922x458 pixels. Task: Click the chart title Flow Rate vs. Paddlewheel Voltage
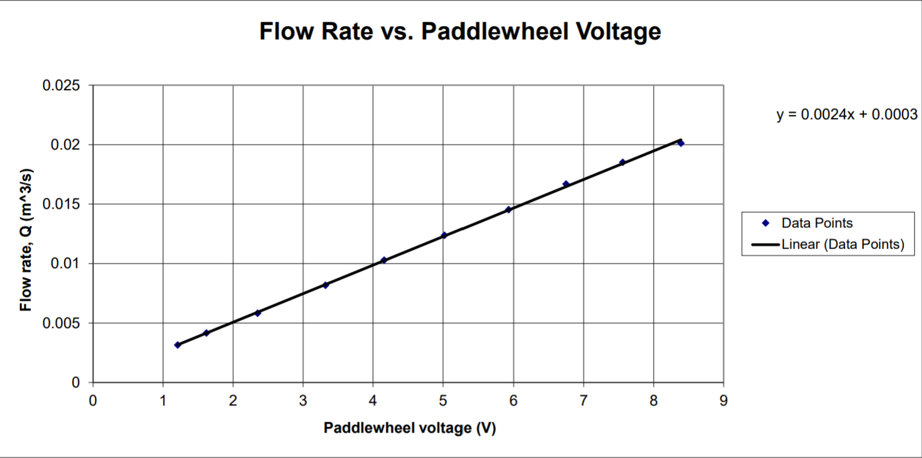(x=460, y=31)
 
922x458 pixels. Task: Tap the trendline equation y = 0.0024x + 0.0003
(x=846, y=114)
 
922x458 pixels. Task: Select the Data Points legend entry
(x=816, y=223)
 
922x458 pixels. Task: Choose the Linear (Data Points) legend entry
(x=842, y=244)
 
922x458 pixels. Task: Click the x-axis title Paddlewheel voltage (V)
(x=409, y=428)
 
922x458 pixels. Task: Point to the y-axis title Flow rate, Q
(x=25, y=240)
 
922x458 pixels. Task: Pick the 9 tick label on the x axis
(x=723, y=400)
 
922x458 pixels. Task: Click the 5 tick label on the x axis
(x=443, y=400)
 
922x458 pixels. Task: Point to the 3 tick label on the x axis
(x=303, y=400)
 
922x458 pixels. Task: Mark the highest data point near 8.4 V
(x=681, y=143)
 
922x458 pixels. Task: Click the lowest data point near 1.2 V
(x=177, y=345)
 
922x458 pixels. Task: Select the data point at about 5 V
(x=444, y=235)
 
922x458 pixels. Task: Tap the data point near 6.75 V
(x=566, y=184)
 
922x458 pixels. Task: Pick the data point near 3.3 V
(x=325, y=285)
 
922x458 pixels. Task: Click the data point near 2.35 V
(x=258, y=313)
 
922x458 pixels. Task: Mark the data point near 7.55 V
(x=622, y=162)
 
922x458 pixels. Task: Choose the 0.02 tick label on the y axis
(x=65, y=145)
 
